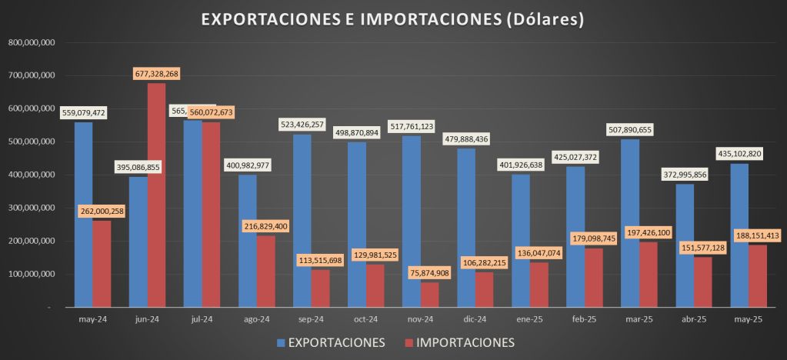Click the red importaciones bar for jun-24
[156, 195]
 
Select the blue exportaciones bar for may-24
[83, 215]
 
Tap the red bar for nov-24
[429, 295]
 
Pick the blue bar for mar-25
[630, 223]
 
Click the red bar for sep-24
[320, 288]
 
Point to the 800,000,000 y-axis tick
[31, 43]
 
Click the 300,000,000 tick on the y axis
[31, 208]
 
